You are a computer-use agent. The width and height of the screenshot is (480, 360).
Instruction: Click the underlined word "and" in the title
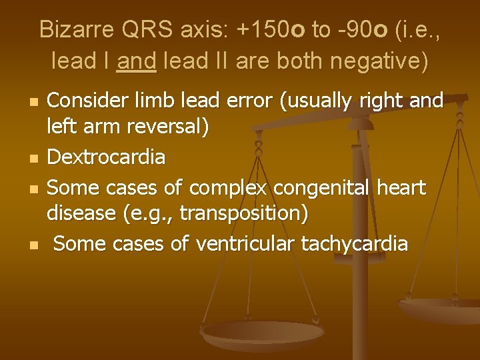coord(136,61)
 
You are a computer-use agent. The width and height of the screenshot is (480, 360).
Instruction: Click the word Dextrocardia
coord(106,157)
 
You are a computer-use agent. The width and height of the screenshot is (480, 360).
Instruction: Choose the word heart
coord(401,189)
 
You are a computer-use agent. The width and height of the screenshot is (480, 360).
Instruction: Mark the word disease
coord(80,215)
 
